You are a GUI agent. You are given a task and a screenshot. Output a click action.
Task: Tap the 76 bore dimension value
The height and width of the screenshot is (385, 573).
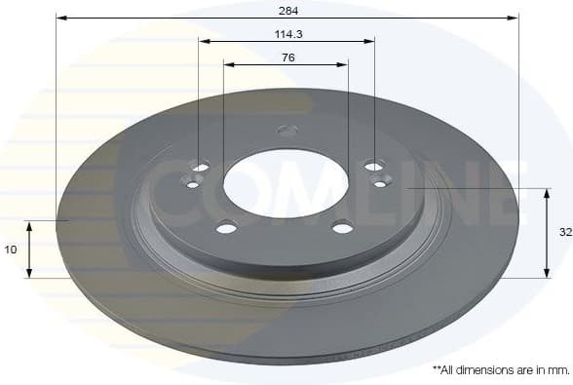(x=286, y=58)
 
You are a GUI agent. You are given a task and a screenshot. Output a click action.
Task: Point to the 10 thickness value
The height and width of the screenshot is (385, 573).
(x=11, y=250)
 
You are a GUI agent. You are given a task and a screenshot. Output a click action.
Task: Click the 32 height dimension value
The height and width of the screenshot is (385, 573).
(x=564, y=233)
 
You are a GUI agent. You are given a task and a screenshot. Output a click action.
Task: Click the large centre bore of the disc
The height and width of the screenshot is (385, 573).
(x=286, y=183)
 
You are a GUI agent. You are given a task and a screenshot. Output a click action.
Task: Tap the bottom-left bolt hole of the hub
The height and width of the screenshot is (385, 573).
(x=226, y=228)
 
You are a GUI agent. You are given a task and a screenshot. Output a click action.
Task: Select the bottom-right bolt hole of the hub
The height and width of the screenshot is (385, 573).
(x=342, y=228)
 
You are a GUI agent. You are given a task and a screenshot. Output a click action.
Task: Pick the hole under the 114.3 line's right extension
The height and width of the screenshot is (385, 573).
(x=374, y=167)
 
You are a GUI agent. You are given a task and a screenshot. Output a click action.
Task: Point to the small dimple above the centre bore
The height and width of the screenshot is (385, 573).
(x=286, y=130)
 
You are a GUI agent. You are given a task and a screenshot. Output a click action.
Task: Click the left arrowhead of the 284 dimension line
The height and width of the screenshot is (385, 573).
(x=59, y=18)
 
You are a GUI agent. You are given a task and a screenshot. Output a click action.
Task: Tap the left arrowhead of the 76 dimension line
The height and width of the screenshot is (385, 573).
(x=227, y=64)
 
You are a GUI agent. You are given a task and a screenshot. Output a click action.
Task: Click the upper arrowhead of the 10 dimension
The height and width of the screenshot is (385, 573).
(x=29, y=225)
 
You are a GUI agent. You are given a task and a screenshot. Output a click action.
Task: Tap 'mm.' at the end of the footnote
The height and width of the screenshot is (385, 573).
(x=558, y=371)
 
